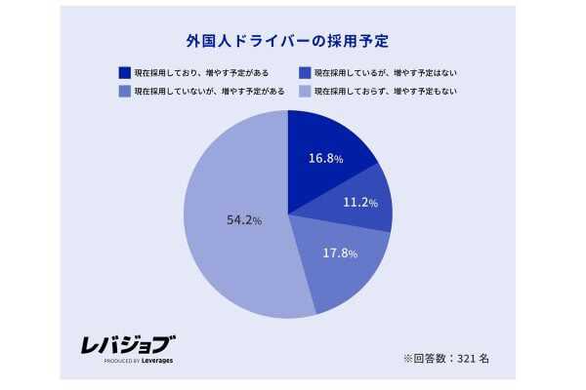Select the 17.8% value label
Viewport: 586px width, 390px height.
(x=340, y=253)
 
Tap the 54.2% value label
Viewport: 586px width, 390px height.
(x=243, y=221)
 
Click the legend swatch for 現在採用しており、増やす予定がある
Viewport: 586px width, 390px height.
(x=124, y=72)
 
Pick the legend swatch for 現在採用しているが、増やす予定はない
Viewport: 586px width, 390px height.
(x=306, y=72)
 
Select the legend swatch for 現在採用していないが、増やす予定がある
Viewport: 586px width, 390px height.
(x=124, y=91)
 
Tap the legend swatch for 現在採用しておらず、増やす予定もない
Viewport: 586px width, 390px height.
(x=306, y=91)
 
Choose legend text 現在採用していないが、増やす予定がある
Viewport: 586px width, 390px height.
(x=209, y=91)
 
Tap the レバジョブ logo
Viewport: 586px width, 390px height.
(x=127, y=343)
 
